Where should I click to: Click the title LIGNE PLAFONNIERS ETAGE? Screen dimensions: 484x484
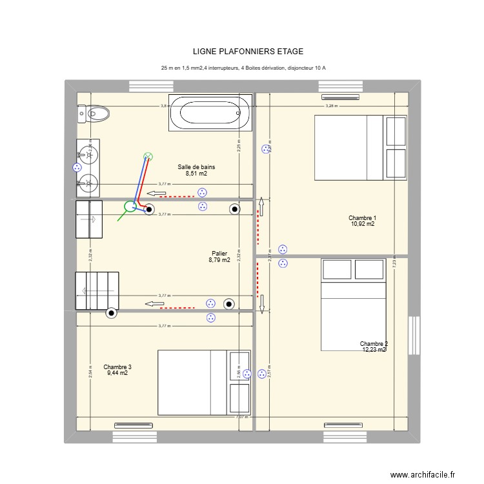(248, 52)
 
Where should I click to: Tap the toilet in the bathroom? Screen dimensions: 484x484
(93, 114)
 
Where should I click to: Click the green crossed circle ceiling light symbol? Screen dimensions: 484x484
(148, 156)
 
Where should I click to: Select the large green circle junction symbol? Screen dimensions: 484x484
(130, 207)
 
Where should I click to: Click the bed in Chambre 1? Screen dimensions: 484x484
(360, 147)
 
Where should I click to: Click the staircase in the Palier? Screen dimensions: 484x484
(97, 290)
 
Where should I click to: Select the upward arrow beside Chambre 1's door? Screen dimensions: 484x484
(261, 207)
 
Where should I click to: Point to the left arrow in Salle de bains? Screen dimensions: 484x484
(156, 193)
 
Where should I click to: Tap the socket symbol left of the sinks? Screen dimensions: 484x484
(76, 167)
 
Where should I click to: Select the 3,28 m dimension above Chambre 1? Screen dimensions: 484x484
(330, 106)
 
